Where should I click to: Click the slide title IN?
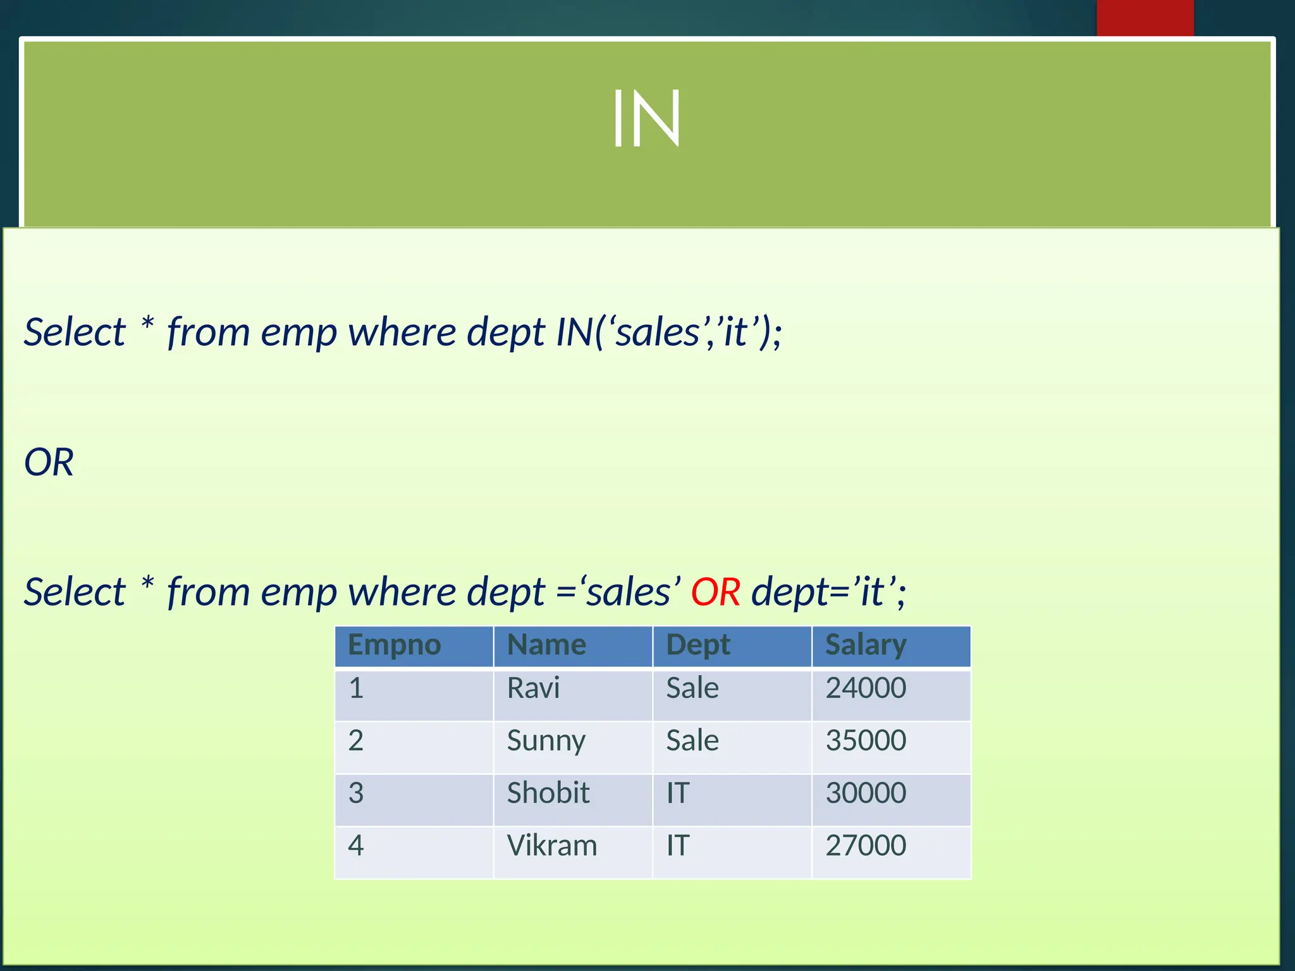point(646,119)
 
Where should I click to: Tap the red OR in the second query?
point(715,592)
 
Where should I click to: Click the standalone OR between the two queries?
point(49,462)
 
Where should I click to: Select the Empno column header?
point(395,645)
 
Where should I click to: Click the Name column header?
point(547,645)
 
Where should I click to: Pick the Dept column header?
point(698,645)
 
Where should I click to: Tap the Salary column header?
point(866,645)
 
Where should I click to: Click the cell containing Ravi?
point(534,688)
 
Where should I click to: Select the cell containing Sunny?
point(546,741)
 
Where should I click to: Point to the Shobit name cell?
point(548,793)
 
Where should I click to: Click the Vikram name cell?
point(552,846)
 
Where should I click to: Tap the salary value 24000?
point(866,688)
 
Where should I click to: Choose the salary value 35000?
point(866,741)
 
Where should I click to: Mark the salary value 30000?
point(866,793)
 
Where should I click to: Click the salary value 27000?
point(866,846)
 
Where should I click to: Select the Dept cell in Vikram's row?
point(678,846)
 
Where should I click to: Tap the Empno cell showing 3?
point(356,793)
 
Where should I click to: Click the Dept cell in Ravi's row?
point(692,688)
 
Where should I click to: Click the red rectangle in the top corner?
point(1145,18)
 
